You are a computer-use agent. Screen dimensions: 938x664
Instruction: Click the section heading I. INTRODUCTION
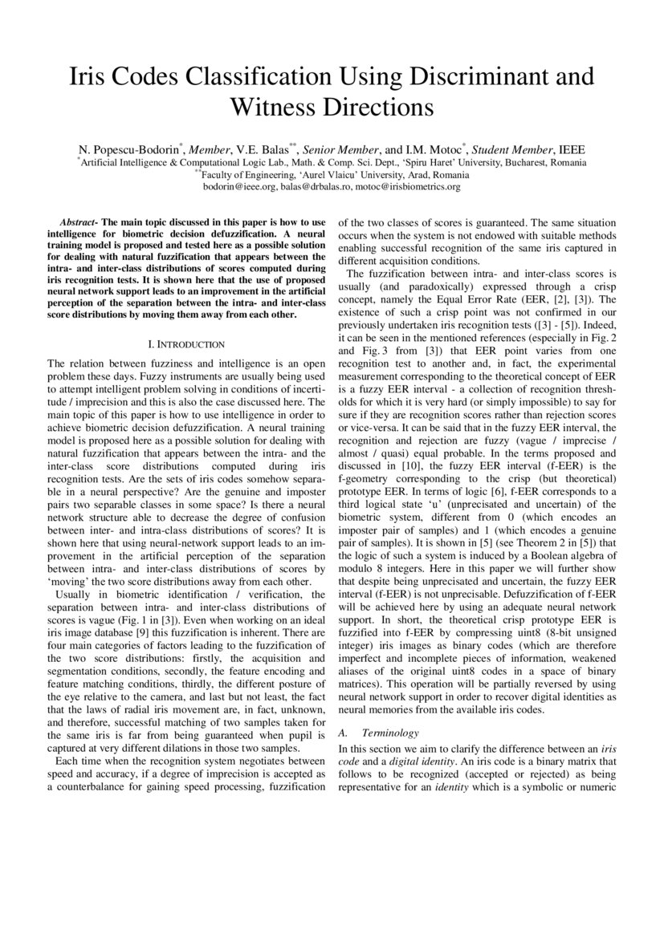tap(186, 344)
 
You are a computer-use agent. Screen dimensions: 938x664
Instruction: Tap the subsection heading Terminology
tap(389, 733)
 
